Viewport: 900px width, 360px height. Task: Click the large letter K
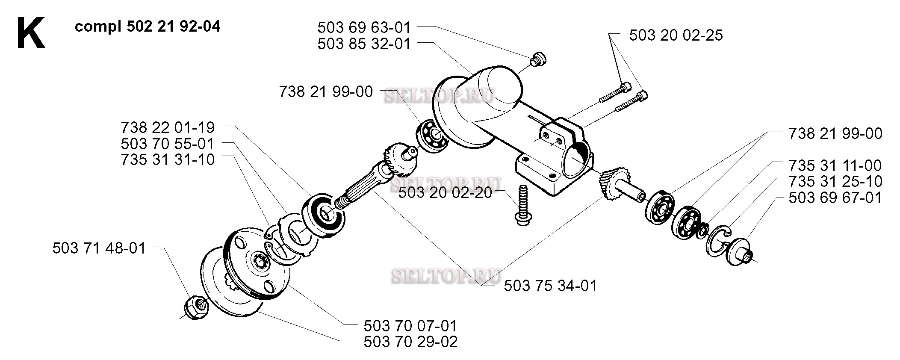[31, 33]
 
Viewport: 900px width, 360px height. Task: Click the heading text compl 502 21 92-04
[148, 27]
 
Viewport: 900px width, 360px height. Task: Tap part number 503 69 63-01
[364, 28]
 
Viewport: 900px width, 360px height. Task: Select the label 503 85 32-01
[364, 44]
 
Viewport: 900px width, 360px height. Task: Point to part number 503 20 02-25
[676, 35]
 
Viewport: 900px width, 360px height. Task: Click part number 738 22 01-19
[168, 127]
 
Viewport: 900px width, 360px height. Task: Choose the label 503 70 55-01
[168, 144]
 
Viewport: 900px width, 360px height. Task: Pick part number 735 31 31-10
[168, 159]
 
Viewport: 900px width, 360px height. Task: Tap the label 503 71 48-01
[99, 248]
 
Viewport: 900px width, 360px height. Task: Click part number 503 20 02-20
[445, 192]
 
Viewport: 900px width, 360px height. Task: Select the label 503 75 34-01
[550, 286]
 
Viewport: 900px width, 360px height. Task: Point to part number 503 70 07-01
[410, 326]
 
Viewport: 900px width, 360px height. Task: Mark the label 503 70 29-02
[410, 342]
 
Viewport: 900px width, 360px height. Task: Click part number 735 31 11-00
[835, 165]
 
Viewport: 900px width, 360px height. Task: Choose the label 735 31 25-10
[835, 181]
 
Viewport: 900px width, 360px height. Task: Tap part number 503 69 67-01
[835, 198]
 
